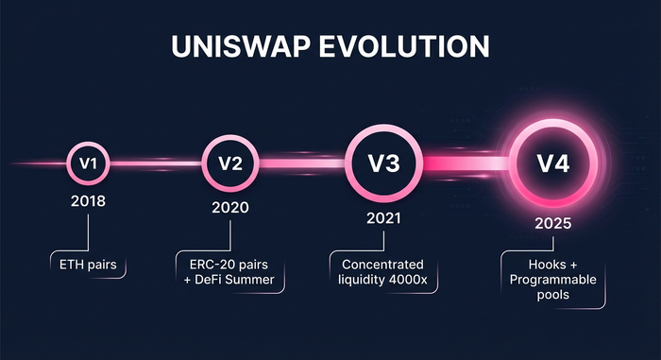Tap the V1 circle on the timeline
89,163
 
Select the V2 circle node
230,163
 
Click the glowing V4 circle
553,163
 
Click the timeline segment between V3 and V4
463,163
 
